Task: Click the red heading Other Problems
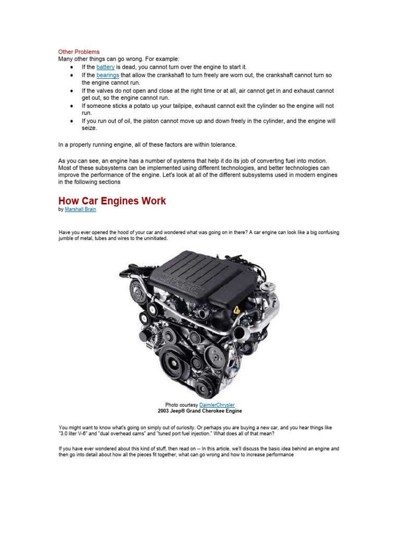[x=78, y=52]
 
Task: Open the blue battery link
[x=105, y=67]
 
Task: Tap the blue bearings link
[x=108, y=75]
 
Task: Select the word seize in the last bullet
[x=89, y=128]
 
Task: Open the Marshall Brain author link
[x=80, y=210]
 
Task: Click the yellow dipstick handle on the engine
[x=237, y=310]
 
